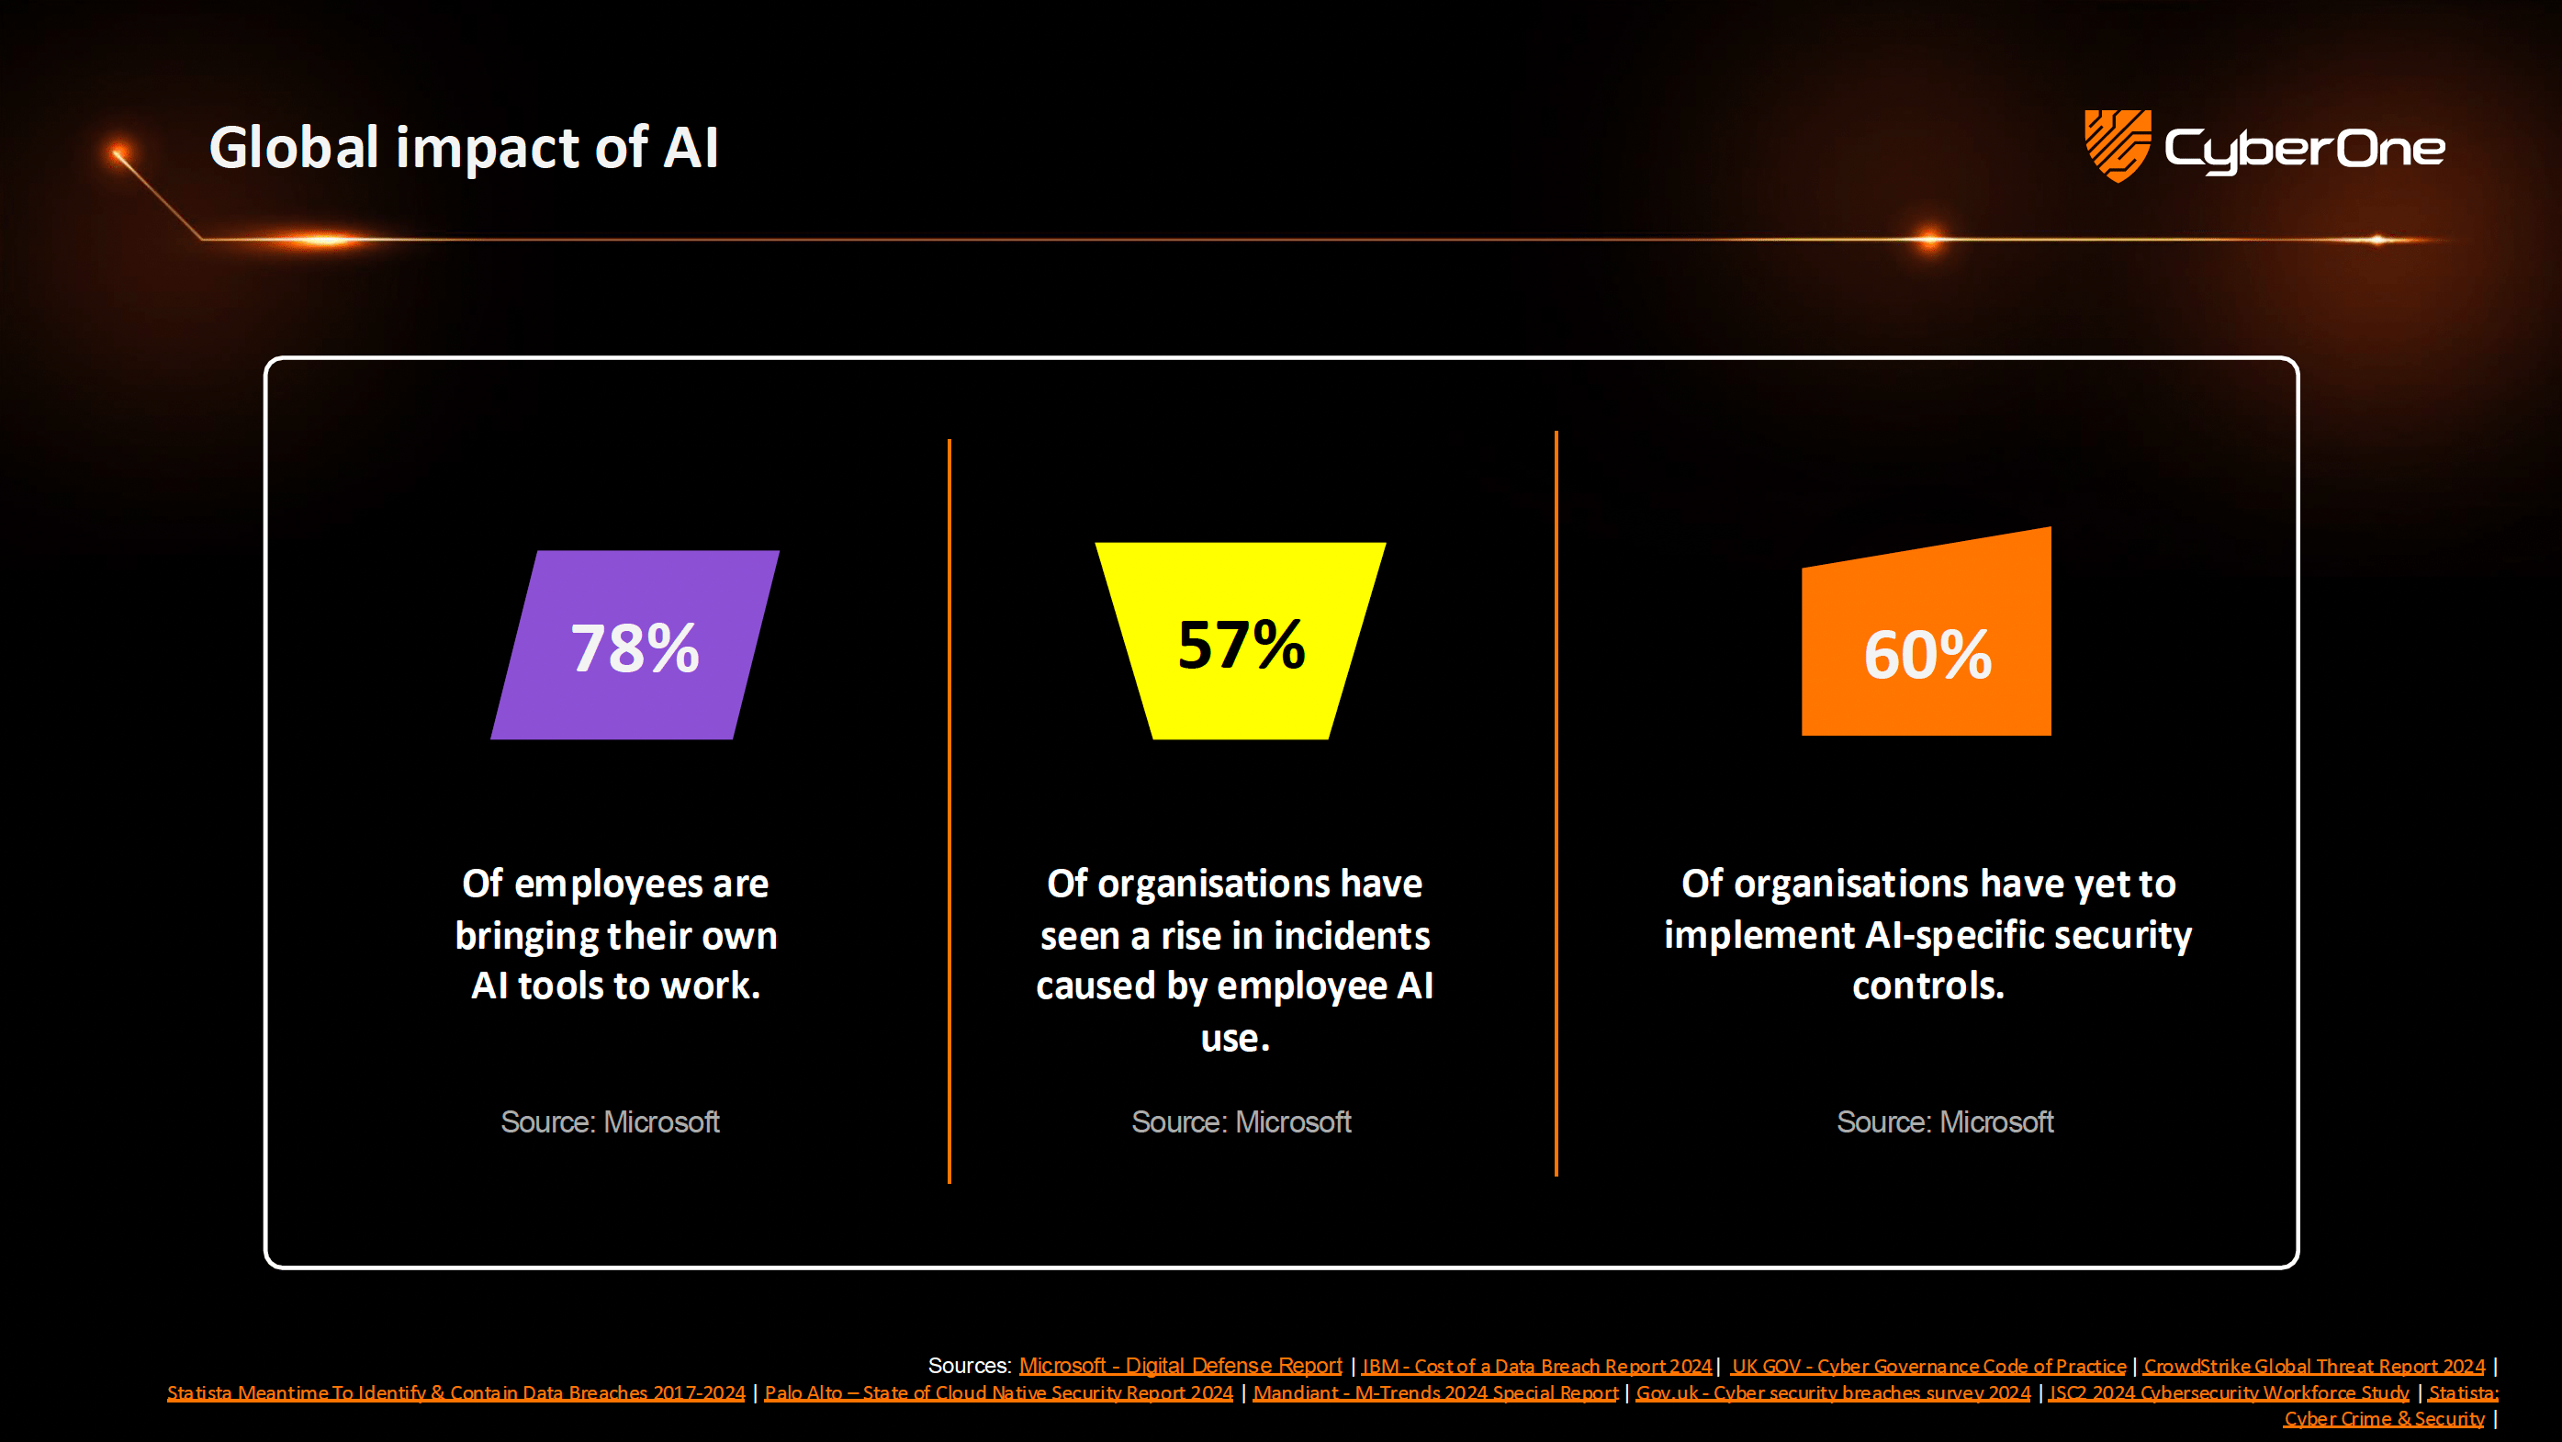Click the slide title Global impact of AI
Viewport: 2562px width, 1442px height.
464,148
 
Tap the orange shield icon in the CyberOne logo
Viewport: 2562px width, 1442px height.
2117,145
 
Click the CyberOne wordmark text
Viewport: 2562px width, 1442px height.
2304,149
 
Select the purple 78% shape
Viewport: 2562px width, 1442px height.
635,646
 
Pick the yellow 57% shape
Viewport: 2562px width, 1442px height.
1241,641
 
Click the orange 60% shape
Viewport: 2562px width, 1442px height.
1927,647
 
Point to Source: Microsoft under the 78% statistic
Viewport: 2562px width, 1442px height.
610,1121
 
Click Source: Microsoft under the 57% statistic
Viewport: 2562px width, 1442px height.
1242,1121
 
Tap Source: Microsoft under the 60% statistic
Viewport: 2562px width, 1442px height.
1944,1121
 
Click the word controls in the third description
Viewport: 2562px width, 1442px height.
1927,986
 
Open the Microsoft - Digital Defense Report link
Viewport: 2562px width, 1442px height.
1181,1366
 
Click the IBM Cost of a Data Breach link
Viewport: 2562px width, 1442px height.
1536,1367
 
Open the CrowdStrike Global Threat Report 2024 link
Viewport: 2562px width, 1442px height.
2313,1367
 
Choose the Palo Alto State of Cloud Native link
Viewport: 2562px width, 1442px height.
998,1392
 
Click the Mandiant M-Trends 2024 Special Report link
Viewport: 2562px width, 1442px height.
1435,1392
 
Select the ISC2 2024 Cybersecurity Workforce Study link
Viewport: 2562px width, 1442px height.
2228,1392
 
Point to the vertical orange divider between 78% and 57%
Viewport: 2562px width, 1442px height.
950,810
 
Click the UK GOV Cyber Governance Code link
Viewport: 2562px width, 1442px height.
1928,1367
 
